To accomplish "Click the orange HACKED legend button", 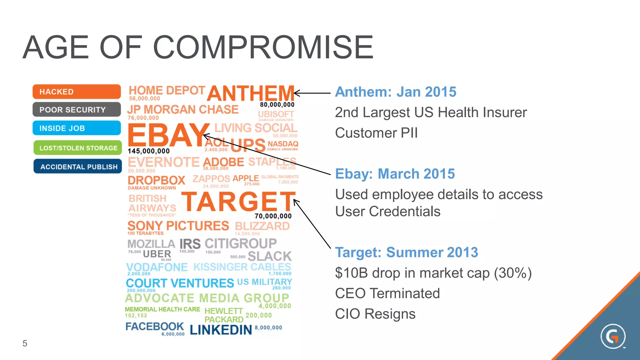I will (77, 92).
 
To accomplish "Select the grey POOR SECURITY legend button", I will (77, 110).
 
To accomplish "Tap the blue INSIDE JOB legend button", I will (77, 128).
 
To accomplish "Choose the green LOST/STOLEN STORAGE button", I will (77, 148).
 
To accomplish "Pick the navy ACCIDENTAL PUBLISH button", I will (78, 167).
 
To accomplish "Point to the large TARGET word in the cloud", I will (238, 202).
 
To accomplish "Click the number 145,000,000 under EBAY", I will (149, 151).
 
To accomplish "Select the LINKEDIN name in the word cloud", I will (221, 330).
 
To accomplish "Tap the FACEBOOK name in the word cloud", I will (154, 326).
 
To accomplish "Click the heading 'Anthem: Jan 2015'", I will (396, 92).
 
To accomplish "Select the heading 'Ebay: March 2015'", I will (395, 174).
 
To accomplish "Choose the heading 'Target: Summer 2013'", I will (406, 252).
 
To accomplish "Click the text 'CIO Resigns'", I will (375, 314).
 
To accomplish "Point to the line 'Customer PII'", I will (376, 133).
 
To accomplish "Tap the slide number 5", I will (25, 343).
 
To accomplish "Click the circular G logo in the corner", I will (613, 337).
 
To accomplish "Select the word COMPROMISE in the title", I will (263, 47).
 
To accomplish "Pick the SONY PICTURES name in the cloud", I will (178, 226).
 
